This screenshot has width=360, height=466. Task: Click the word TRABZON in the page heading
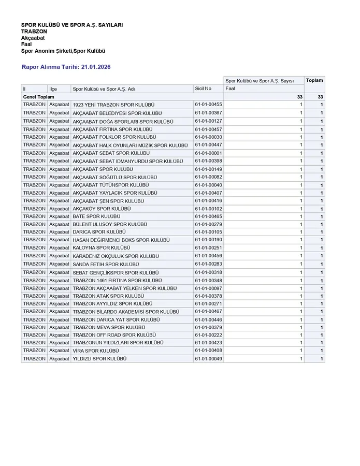click(x=34, y=32)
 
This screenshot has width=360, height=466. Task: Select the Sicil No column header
click(x=203, y=89)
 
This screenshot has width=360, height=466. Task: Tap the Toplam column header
click(x=314, y=80)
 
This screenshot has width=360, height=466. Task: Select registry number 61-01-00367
click(x=208, y=113)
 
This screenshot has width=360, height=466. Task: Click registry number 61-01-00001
click(x=208, y=153)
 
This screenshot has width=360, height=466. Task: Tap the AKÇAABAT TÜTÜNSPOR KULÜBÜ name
click(x=111, y=185)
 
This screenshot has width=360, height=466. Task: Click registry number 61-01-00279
click(x=208, y=224)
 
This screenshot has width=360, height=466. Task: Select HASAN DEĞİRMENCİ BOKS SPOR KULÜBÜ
click(x=121, y=240)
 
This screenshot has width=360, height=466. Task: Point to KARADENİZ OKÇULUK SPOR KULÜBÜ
click(x=116, y=256)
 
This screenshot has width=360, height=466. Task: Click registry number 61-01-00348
click(x=208, y=280)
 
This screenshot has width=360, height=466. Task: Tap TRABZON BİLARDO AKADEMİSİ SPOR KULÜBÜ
click(x=126, y=312)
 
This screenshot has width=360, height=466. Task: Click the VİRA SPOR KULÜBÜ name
click(x=96, y=351)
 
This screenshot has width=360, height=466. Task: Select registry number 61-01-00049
click(x=208, y=358)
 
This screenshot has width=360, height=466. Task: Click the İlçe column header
click(x=53, y=89)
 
